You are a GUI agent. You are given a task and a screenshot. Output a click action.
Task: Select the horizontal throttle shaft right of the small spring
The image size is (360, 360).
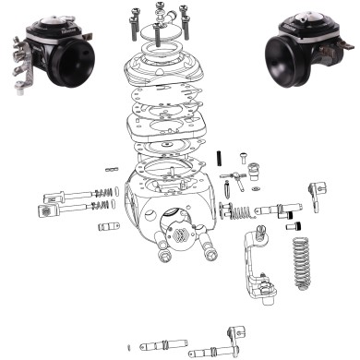[x=277, y=208]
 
